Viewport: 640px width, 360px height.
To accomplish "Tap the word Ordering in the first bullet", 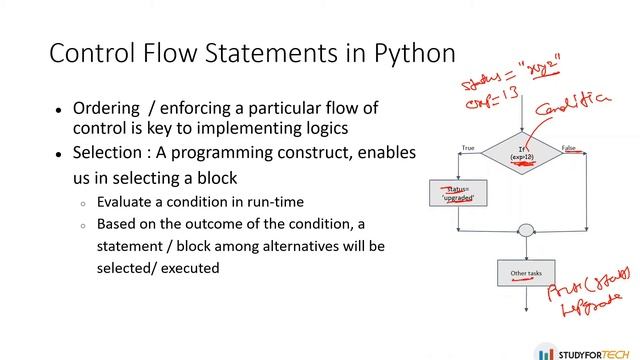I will pos(106,108).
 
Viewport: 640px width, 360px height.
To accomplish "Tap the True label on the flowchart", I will pos(467,149).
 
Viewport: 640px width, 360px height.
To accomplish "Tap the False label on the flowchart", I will pos(569,149).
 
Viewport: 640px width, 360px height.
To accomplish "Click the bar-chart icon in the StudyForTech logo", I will pos(544,352).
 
